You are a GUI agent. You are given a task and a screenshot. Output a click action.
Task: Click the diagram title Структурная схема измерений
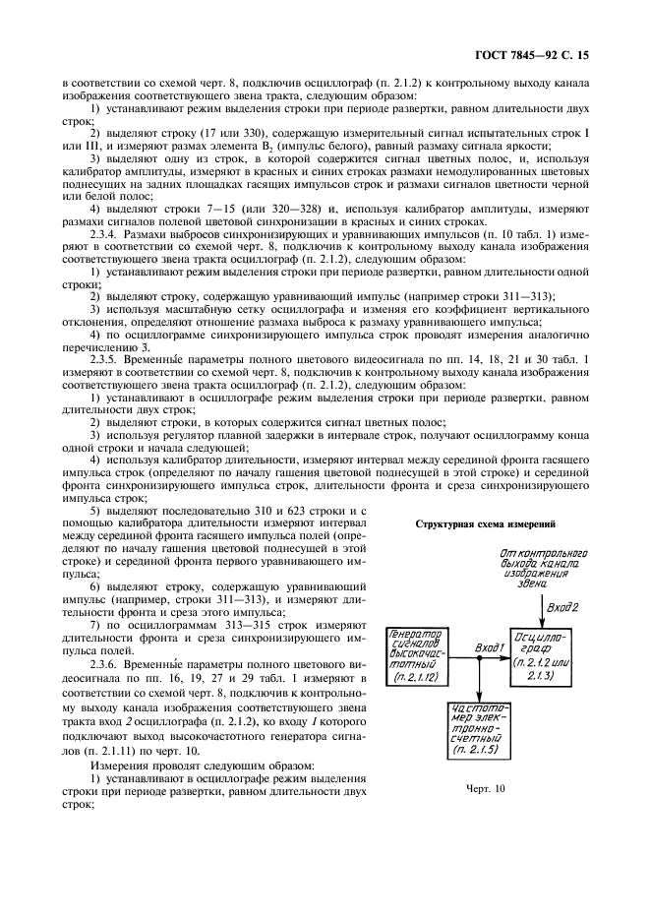[486, 523]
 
